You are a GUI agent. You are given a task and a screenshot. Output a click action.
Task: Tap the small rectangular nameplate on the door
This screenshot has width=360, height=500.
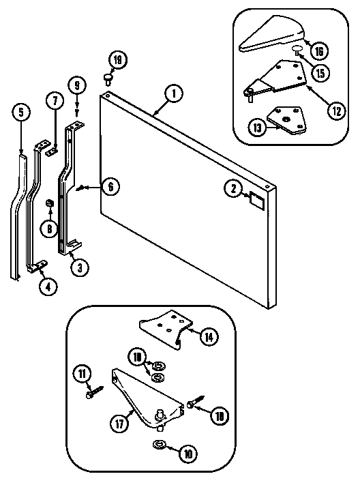point(257,199)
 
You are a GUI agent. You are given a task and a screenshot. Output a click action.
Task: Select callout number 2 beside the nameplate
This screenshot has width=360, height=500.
point(233,188)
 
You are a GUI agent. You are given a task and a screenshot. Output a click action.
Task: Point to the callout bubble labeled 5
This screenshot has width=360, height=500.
point(21,112)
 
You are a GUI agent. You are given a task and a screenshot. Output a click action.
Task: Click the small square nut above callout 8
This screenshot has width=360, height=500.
point(50,203)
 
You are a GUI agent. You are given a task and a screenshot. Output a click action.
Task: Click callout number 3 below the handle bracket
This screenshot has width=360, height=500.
point(80,267)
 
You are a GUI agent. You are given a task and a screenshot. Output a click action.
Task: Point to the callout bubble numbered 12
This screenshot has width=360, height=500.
point(334,110)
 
